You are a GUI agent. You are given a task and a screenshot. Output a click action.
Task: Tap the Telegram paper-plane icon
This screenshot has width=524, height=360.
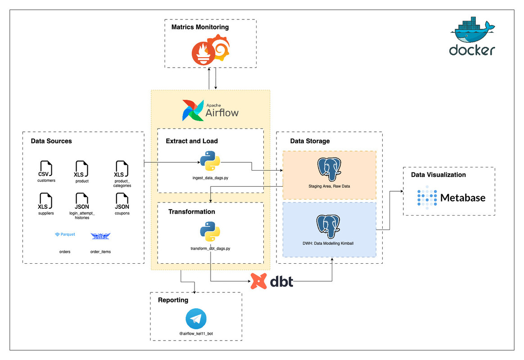(x=196, y=319)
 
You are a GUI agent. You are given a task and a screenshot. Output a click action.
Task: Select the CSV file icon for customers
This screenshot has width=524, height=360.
(x=45, y=169)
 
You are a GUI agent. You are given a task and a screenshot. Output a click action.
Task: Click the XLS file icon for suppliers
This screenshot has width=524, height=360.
(x=45, y=201)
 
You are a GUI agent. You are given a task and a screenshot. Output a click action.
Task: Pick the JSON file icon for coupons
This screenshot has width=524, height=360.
(x=122, y=201)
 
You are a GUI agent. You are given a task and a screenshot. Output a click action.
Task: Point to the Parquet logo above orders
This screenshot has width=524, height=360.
(x=65, y=234)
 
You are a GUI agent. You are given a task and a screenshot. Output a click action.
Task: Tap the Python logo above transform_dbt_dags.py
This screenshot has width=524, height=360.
(x=210, y=232)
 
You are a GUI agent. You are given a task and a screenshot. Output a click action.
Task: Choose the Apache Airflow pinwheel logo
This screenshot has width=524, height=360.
(x=192, y=111)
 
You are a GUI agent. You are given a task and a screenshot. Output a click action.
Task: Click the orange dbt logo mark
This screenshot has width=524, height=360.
(x=259, y=281)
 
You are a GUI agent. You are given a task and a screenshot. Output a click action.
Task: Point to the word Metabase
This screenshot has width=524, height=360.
(x=463, y=198)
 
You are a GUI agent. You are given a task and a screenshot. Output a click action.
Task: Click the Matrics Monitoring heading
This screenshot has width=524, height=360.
(x=200, y=27)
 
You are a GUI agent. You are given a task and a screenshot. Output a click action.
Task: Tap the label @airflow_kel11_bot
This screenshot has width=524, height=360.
(x=196, y=334)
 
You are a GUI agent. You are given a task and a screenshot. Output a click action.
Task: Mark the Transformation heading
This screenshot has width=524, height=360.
(x=192, y=211)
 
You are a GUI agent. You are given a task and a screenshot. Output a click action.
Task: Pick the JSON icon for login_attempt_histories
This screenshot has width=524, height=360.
(x=82, y=201)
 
